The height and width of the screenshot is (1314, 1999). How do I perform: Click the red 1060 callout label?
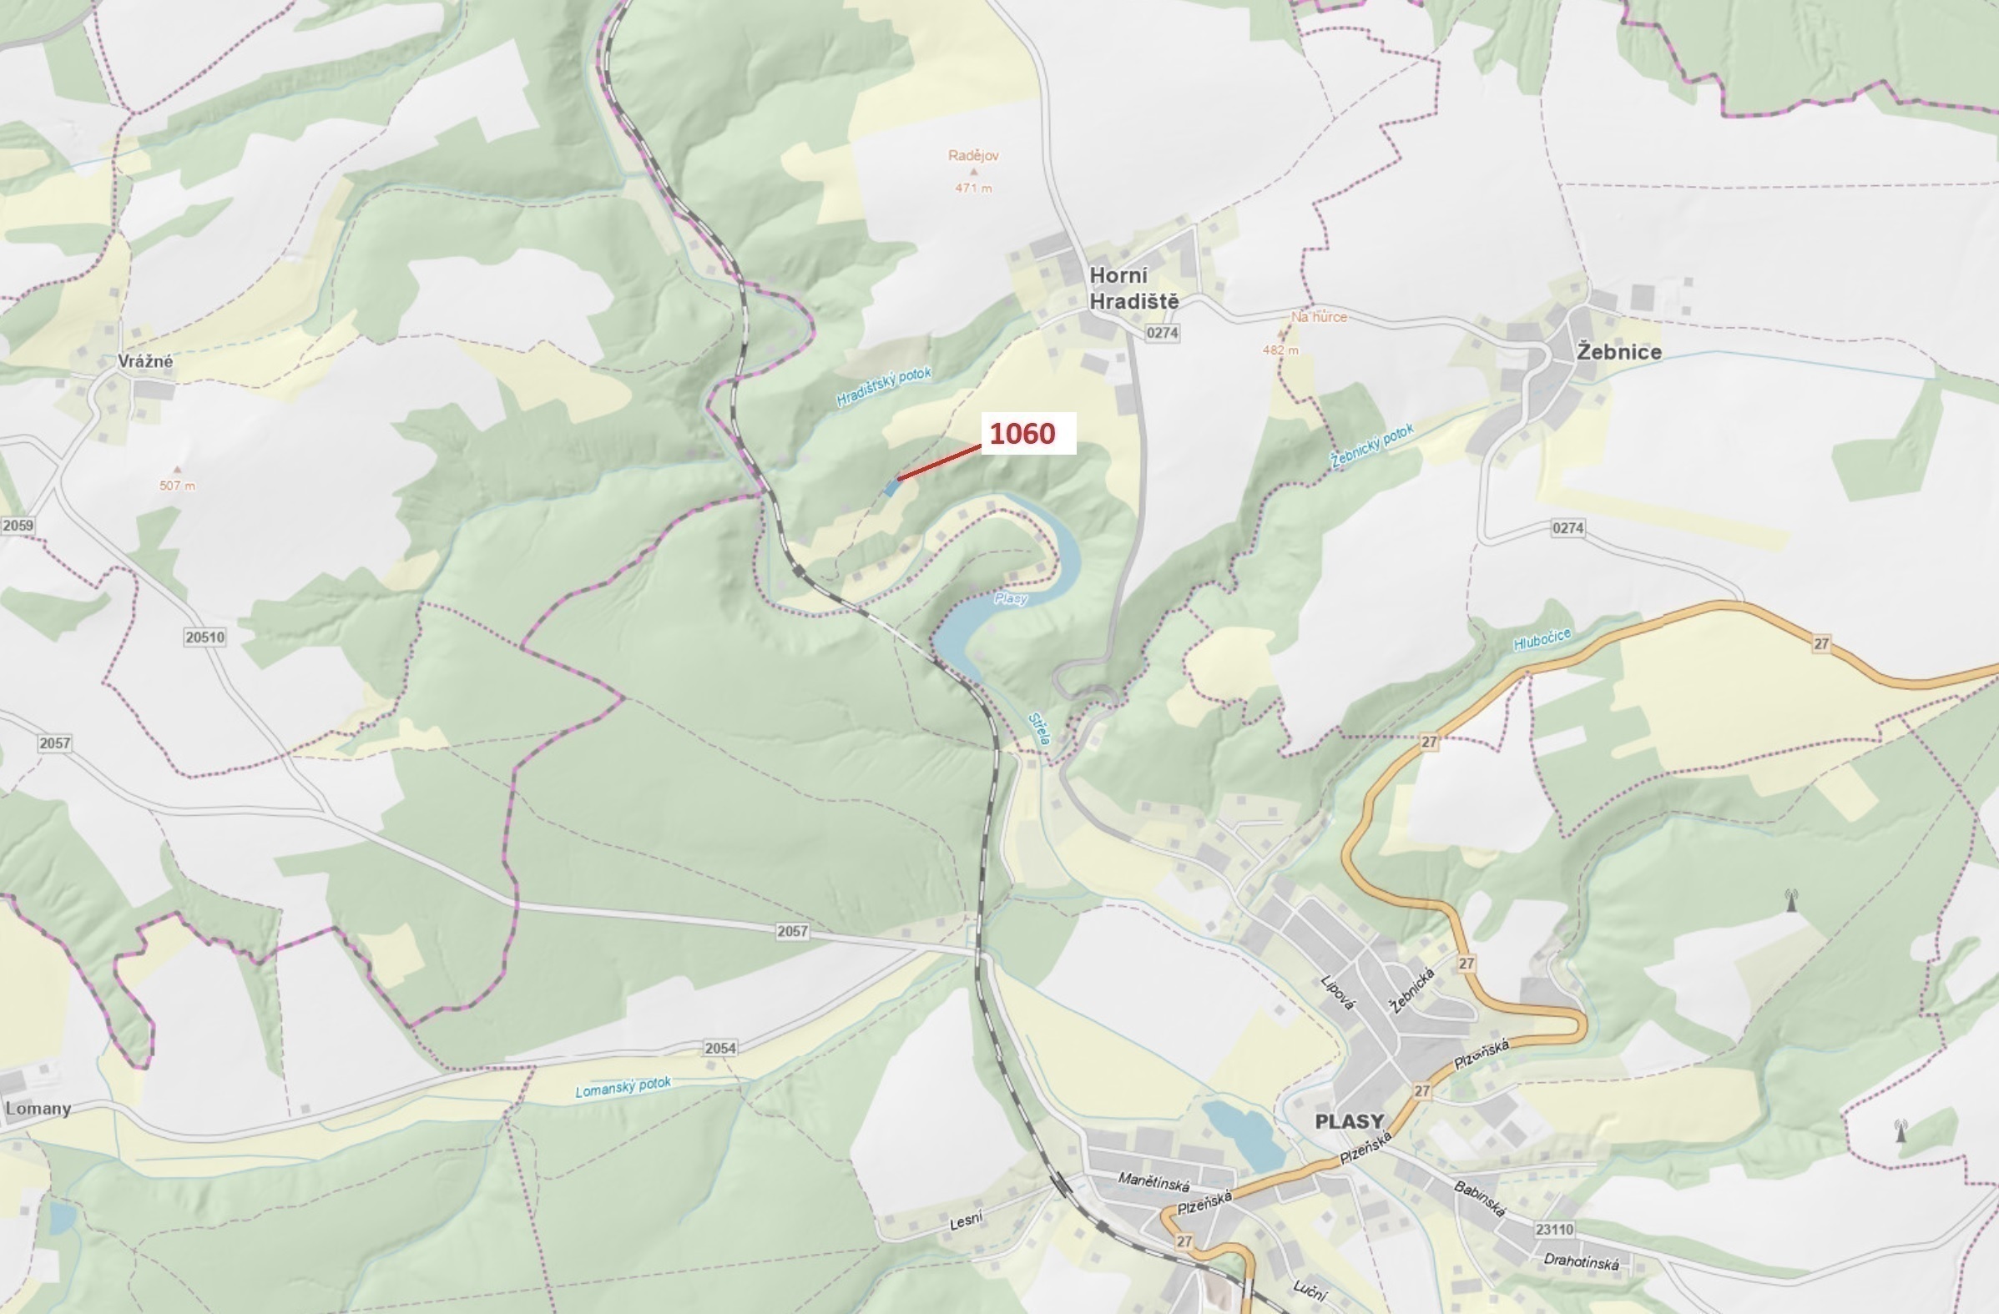point(1022,433)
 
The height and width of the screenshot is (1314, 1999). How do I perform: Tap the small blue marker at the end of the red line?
point(892,487)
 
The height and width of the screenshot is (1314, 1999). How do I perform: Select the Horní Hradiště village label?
point(1133,288)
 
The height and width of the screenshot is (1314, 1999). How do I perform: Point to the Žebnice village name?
point(1618,352)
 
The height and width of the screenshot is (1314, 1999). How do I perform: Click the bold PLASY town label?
point(1349,1121)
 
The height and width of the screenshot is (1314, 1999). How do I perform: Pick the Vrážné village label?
point(145,361)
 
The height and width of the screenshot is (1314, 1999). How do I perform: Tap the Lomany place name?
point(38,1108)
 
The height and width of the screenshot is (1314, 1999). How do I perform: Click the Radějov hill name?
point(973,155)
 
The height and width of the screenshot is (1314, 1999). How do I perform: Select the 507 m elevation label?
point(177,486)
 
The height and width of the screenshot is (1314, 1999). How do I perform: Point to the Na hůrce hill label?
point(1319,316)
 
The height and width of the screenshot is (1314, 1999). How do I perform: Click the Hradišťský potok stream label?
point(884,386)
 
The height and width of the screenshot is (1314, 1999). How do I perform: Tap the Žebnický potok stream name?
point(1371,446)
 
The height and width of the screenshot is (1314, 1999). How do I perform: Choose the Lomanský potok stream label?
point(623,1087)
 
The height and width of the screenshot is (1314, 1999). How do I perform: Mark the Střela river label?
point(1040,729)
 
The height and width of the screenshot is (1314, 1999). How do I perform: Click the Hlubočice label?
point(1542,640)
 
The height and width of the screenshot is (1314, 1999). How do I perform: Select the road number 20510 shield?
point(205,637)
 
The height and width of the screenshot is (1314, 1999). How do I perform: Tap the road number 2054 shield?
point(720,1048)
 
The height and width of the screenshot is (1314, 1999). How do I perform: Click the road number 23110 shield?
point(1554,1229)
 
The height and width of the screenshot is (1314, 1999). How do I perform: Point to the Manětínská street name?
point(1153,1181)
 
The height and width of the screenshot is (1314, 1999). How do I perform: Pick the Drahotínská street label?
point(1581,1263)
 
